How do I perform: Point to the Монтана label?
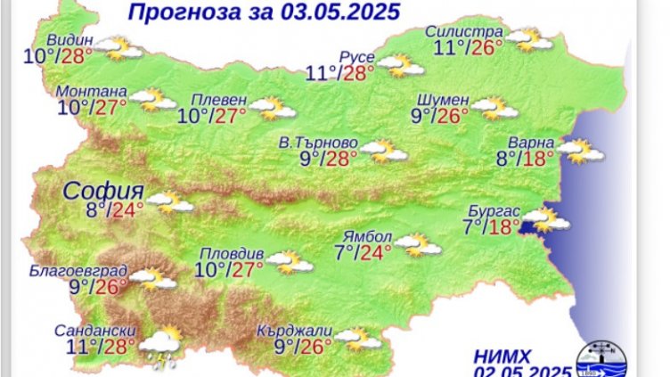pyautogui.click(x=92, y=92)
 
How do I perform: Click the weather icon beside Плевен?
pyautogui.click(x=273, y=109)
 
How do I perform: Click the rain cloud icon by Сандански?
pyautogui.click(x=161, y=346)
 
